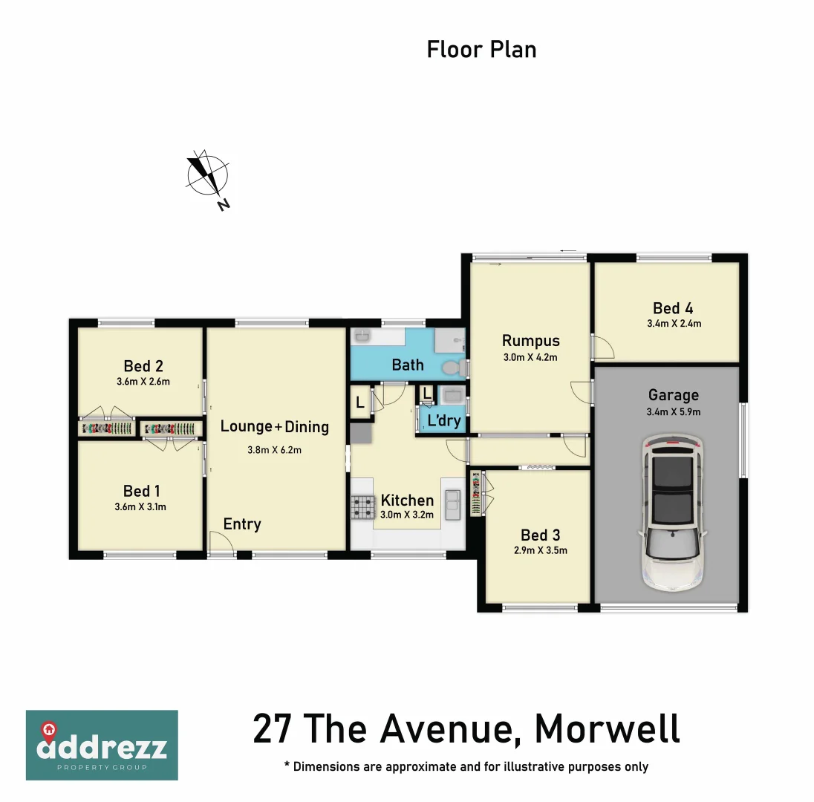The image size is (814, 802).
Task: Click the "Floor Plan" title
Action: pos(481,50)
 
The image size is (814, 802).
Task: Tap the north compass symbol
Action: pos(207,177)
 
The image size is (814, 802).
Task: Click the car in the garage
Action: pos(672,513)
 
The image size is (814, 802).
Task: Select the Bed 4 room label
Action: pos(673,308)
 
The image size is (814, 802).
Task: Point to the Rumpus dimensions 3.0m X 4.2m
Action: pos(530,357)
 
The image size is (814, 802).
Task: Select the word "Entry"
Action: pos(242,524)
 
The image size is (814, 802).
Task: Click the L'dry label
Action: pos(444,421)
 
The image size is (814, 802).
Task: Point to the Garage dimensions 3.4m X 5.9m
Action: pos(674,411)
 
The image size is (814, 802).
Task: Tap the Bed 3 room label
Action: pos(540,535)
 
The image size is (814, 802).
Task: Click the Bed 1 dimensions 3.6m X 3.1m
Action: pos(141,508)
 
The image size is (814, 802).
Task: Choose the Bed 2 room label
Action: pos(143,366)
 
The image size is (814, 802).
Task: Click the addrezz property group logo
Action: pos(102,745)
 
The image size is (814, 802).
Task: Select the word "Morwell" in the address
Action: pos(607,728)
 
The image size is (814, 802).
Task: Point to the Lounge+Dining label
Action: pos(275,426)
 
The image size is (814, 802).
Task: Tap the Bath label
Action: pos(408,365)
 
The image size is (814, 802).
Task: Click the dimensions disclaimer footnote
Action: pos(466,766)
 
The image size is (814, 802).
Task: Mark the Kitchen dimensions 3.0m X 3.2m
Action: pos(406,515)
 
